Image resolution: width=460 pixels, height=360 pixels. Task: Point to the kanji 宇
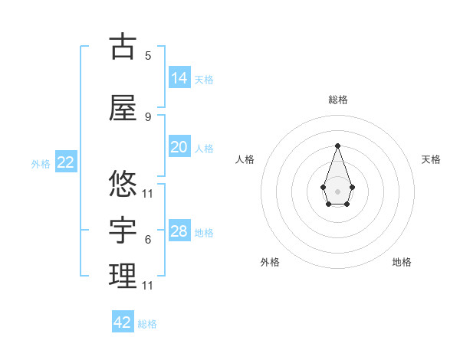click(123, 229)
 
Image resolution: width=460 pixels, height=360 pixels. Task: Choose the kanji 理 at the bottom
click(123, 276)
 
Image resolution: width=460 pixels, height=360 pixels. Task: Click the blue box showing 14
click(179, 77)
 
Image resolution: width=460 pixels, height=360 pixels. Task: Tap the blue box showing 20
click(179, 147)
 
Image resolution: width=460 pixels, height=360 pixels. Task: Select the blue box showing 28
click(179, 231)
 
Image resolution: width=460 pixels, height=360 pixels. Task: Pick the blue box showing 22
click(65, 162)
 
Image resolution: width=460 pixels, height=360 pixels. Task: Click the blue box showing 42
click(123, 322)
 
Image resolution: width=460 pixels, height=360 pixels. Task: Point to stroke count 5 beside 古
click(148, 56)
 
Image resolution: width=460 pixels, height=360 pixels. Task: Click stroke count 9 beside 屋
click(148, 117)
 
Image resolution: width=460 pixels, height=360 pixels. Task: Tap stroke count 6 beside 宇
click(148, 240)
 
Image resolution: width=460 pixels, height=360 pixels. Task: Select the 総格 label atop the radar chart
click(337, 100)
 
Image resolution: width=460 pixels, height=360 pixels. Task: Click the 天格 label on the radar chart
click(431, 159)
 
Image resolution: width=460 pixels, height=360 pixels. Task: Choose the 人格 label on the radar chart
click(245, 159)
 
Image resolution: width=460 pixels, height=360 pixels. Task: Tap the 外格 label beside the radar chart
click(270, 262)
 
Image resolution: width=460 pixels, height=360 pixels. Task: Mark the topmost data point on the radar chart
click(337, 145)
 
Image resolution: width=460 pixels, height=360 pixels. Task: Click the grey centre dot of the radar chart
click(337, 190)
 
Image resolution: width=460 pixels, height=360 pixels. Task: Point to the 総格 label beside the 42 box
click(147, 324)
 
